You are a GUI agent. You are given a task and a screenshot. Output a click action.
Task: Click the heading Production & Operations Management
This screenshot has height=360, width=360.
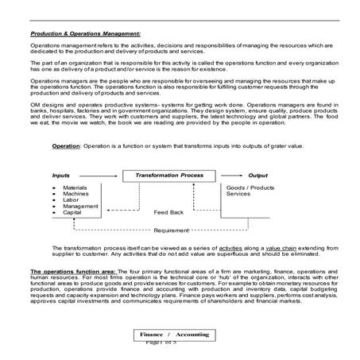[x=85, y=34]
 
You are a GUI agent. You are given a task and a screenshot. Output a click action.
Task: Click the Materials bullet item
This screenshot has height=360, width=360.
[x=75, y=187]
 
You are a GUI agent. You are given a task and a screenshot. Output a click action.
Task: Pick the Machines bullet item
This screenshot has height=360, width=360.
[x=75, y=193]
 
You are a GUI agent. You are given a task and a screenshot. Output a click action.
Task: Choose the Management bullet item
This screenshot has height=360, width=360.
[x=79, y=207]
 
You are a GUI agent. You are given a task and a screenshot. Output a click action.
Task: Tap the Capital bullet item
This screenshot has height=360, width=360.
[x=72, y=213]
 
